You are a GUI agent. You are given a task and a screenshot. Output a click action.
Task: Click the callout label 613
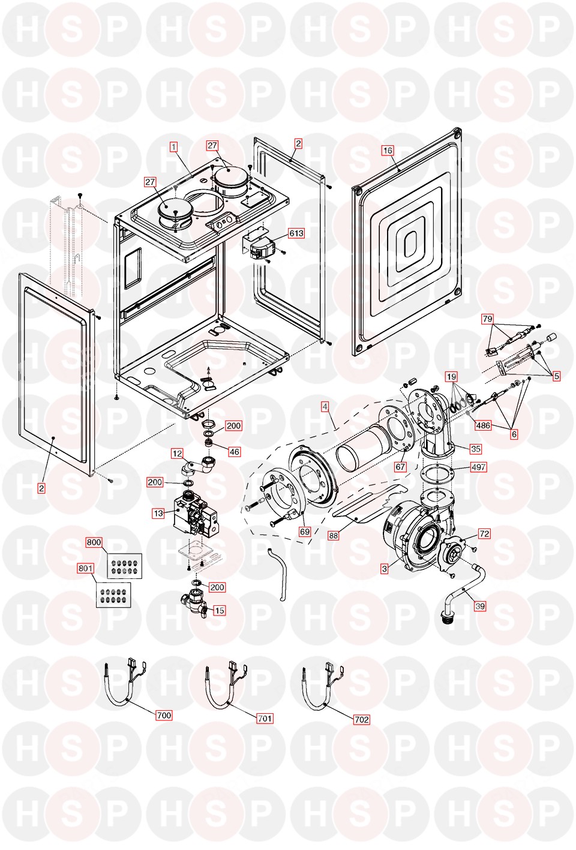coord(296,233)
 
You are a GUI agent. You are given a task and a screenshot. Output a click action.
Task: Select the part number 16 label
coord(388,151)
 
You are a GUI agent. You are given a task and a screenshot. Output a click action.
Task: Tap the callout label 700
coord(164,715)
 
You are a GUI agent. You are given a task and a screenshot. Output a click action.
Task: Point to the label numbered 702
coord(362,719)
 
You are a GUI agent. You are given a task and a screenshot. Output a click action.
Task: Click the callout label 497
coord(478,467)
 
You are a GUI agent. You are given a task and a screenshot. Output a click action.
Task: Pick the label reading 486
coord(483,425)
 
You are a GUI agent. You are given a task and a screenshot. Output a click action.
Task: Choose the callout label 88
coord(334,535)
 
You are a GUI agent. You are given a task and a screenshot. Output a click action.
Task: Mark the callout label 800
coord(94,542)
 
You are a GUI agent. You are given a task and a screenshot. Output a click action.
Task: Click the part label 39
coord(480,606)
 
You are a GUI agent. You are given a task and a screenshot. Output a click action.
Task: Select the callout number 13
coord(158,513)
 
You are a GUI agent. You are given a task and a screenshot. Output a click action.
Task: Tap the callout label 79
coord(487,319)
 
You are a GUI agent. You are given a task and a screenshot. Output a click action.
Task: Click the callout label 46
coord(234,452)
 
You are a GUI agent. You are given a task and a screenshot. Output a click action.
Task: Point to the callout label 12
coord(177,453)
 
